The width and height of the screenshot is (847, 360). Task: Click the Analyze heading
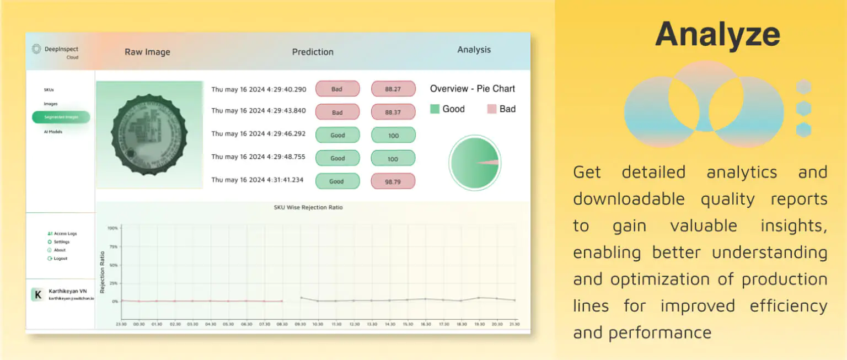(717, 34)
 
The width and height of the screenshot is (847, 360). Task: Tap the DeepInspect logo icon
(36, 49)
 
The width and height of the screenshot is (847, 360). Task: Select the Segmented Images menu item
(61, 117)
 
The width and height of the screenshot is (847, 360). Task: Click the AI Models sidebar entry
(53, 132)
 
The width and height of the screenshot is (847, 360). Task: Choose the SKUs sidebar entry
(49, 89)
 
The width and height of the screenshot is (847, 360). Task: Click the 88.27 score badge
(393, 89)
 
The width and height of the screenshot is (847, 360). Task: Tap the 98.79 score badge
(393, 181)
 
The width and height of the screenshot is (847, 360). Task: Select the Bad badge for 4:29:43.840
(337, 112)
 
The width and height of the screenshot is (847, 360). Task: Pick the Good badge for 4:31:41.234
(337, 181)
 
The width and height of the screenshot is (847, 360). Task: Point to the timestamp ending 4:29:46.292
(258, 134)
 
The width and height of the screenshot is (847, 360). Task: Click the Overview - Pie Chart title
(472, 89)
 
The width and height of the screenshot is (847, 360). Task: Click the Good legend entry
(447, 109)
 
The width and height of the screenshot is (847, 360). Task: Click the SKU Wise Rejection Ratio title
(308, 208)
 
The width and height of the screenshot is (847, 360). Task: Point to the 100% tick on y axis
(112, 228)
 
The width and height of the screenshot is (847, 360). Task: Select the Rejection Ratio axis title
(103, 272)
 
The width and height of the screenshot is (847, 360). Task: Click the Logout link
(60, 259)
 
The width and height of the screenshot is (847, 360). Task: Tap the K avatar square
(37, 295)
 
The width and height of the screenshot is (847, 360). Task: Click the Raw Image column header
(147, 52)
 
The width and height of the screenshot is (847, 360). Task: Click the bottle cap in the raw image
(149, 135)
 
